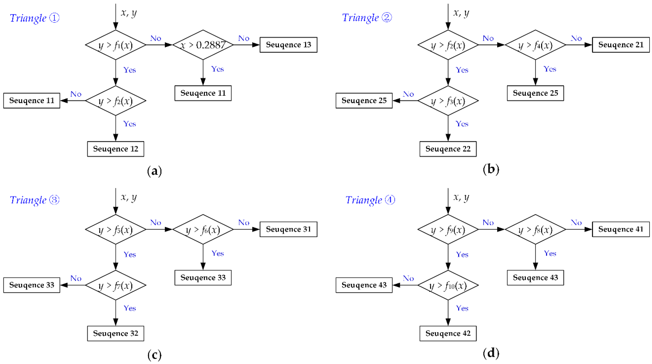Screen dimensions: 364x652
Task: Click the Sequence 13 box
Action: point(288,45)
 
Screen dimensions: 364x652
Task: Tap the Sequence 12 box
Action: point(116,149)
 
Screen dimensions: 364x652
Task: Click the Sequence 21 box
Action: point(621,45)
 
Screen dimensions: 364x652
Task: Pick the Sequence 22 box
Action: point(448,149)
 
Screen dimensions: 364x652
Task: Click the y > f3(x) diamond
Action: point(448,101)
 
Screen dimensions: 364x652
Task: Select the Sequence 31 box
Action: point(288,229)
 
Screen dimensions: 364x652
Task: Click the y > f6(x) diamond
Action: point(203,229)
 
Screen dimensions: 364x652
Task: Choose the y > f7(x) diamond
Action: point(116,285)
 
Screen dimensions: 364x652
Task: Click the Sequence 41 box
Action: point(621,229)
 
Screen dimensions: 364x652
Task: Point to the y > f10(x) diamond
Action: point(448,285)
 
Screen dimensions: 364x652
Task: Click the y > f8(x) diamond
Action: point(535,229)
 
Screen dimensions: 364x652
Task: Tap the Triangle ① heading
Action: point(35,18)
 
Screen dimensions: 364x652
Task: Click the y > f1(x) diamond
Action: point(116,45)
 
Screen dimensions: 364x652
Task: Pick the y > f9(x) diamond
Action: point(448,229)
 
